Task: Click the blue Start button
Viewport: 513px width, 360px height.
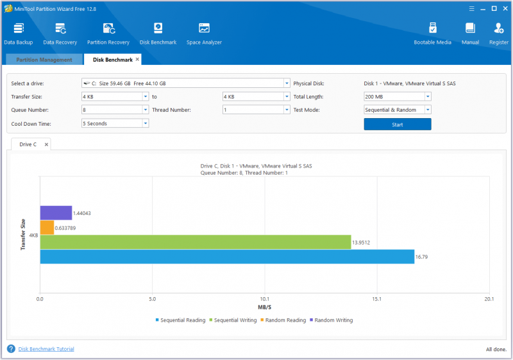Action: [398, 124]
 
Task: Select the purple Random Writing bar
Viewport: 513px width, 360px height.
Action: [56, 213]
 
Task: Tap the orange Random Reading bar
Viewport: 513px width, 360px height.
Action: [47, 227]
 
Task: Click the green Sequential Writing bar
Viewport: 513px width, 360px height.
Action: [196, 242]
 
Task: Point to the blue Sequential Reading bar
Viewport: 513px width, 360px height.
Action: [227, 257]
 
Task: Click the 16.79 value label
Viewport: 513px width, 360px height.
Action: [421, 257]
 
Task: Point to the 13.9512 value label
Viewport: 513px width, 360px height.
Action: [361, 243]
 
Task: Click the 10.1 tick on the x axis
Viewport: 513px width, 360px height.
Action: [265, 299]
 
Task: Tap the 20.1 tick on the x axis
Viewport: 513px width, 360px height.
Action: [489, 299]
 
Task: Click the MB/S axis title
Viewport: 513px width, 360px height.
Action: [265, 307]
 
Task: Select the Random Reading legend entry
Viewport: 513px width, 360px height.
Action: [283, 320]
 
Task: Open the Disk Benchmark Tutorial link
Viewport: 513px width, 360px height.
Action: [46, 349]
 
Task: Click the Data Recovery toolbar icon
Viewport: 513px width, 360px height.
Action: [60, 29]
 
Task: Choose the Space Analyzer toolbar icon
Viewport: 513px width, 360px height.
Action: [204, 28]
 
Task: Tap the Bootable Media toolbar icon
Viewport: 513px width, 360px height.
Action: [432, 28]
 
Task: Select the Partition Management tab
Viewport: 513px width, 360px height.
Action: [44, 60]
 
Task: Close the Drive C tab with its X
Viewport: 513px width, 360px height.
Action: [46, 144]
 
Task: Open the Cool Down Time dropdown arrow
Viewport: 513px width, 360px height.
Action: [146, 123]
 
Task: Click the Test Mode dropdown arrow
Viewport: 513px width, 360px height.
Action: [428, 110]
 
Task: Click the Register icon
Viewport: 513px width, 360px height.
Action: [499, 28]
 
